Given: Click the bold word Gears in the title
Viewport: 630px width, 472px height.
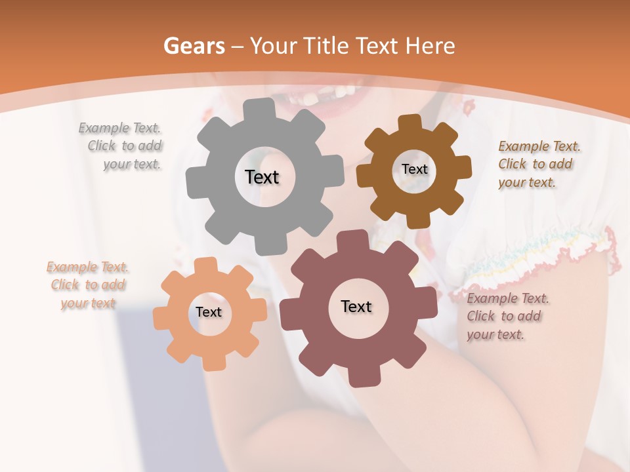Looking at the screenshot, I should click(x=194, y=46).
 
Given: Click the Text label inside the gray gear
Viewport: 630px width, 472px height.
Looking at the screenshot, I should click(x=262, y=177).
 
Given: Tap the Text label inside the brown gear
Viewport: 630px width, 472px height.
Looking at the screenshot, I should click(x=414, y=169).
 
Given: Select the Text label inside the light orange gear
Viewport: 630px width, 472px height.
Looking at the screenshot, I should click(x=209, y=313).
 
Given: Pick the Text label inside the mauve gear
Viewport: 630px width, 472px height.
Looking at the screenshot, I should click(x=356, y=307).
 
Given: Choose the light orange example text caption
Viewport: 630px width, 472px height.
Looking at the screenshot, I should click(x=88, y=285).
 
